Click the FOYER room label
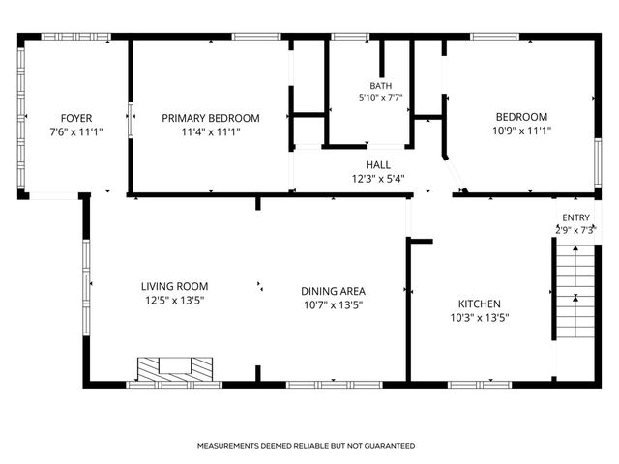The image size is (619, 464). coord(76,118)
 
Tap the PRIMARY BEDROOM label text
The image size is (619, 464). coord(211,118)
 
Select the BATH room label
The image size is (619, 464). coord(381,86)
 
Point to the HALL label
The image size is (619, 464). coord(378,165)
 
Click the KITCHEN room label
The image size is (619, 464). coord(480,304)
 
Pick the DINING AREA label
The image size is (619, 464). coord(333,291)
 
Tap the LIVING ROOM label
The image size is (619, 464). coord(174,286)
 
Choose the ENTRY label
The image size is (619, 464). coord(576,217)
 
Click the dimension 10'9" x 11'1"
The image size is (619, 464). coord(521,130)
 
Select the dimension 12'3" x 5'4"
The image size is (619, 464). coord(378,179)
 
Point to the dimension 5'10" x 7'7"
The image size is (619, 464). coord(380,97)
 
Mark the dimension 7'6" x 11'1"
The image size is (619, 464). coord(76,131)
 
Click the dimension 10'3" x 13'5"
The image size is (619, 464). coord(480,318)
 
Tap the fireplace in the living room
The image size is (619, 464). coord(175,369)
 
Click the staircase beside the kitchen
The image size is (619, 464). coord(575,291)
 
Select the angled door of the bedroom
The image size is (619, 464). coord(454,174)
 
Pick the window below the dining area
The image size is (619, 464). coord(334,385)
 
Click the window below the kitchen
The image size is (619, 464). coord(480,385)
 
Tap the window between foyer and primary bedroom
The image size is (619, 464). coord(131,120)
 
